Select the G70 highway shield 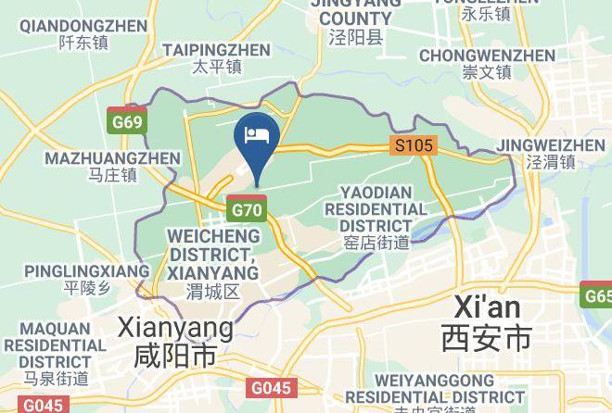[248, 209]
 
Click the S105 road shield [414, 145]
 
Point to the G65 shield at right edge [598, 296]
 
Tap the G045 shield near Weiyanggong [271, 389]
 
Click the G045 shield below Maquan [43, 405]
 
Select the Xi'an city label [487, 323]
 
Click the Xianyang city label [175, 341]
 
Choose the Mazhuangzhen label [112, 166]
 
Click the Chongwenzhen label [487, 63]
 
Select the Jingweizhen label [551, 154]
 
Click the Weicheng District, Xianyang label [213, 263]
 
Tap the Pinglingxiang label [86, 278]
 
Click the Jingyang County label [350, 19]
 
